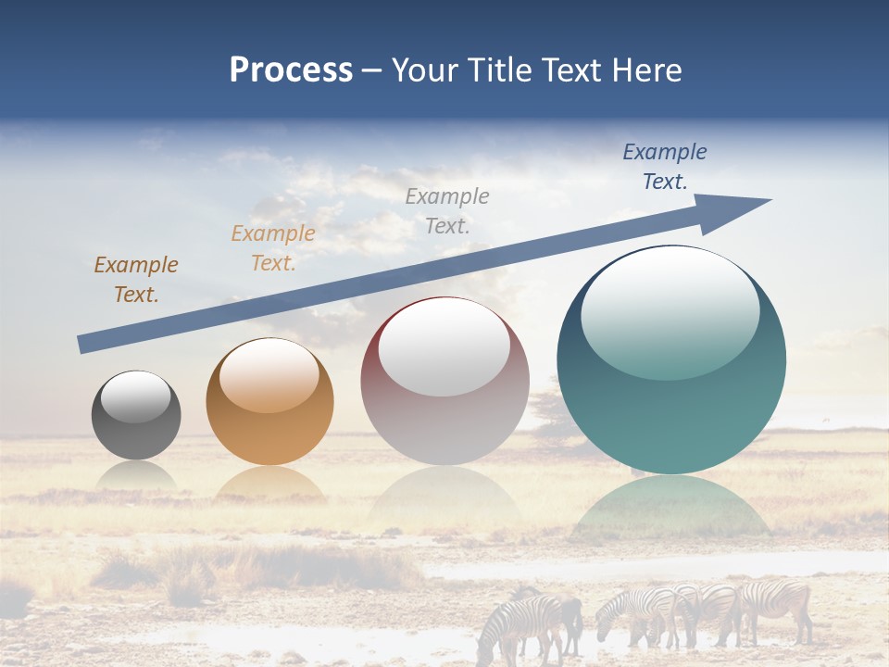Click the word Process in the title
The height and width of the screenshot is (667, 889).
(291, 70)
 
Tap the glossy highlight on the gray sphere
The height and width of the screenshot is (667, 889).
(136, 396)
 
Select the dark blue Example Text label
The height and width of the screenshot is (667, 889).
(664, 167)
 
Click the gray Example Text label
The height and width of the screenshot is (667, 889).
(447, 210)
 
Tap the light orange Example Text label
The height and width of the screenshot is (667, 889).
(273, 248)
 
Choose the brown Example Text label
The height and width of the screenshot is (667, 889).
(136, 280)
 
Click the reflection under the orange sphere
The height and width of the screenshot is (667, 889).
(269, 484)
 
